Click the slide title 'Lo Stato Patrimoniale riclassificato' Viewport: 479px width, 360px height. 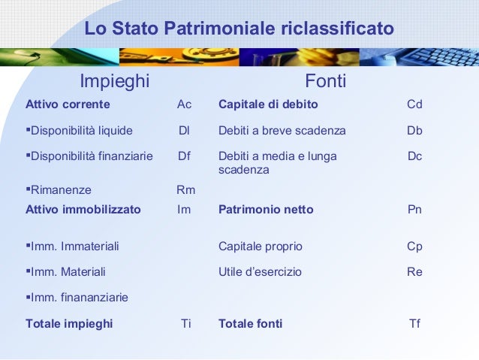tap(239, 29)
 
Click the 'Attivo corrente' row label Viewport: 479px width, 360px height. tap(68, 104)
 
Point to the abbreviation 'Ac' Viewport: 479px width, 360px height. tap(184, 104)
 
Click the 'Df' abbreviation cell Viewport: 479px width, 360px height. tap(184, 156)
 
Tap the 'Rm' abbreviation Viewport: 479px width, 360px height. tap(185, 190)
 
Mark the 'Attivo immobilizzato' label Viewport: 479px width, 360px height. tap(83, 210)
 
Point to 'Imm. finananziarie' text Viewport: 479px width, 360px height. tap(77, 298)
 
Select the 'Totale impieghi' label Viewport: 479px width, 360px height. tap(69, 324)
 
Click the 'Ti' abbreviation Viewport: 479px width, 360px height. tap(186, 324)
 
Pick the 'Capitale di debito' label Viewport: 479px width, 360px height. tap(268, 104)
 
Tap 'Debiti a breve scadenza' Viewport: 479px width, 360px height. tap(282, 131)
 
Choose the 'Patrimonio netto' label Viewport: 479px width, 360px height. tap(266, 210)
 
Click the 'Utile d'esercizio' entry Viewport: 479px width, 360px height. tap(260, 272)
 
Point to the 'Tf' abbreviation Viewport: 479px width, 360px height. tap(414, 324)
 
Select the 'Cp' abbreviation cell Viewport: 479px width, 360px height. tap(414, 246)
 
